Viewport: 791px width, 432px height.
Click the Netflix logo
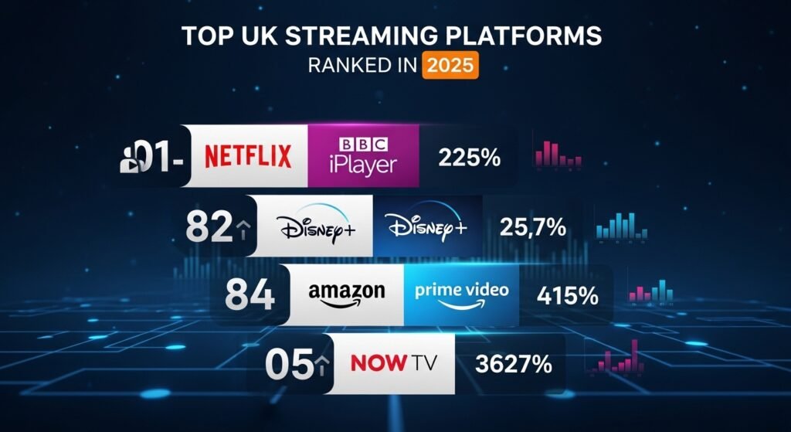pyautogui.click(x=248, y=155)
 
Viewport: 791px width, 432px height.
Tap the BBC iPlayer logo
pyautogui.click(x=362, y=155)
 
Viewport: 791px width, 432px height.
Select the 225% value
pyautogui.click(x=469, y=158)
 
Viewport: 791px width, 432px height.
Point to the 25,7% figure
pyautogui.click(x=532, y=227)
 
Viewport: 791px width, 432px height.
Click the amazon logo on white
pyautogui.click(x=346, y=295)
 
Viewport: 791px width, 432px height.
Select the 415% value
pyautogui.click(x=568, y=295)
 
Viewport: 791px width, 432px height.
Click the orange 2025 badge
pyautogui.click(x=450, y=65)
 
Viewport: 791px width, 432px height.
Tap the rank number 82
pyautogui.click(x=209, y=226)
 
